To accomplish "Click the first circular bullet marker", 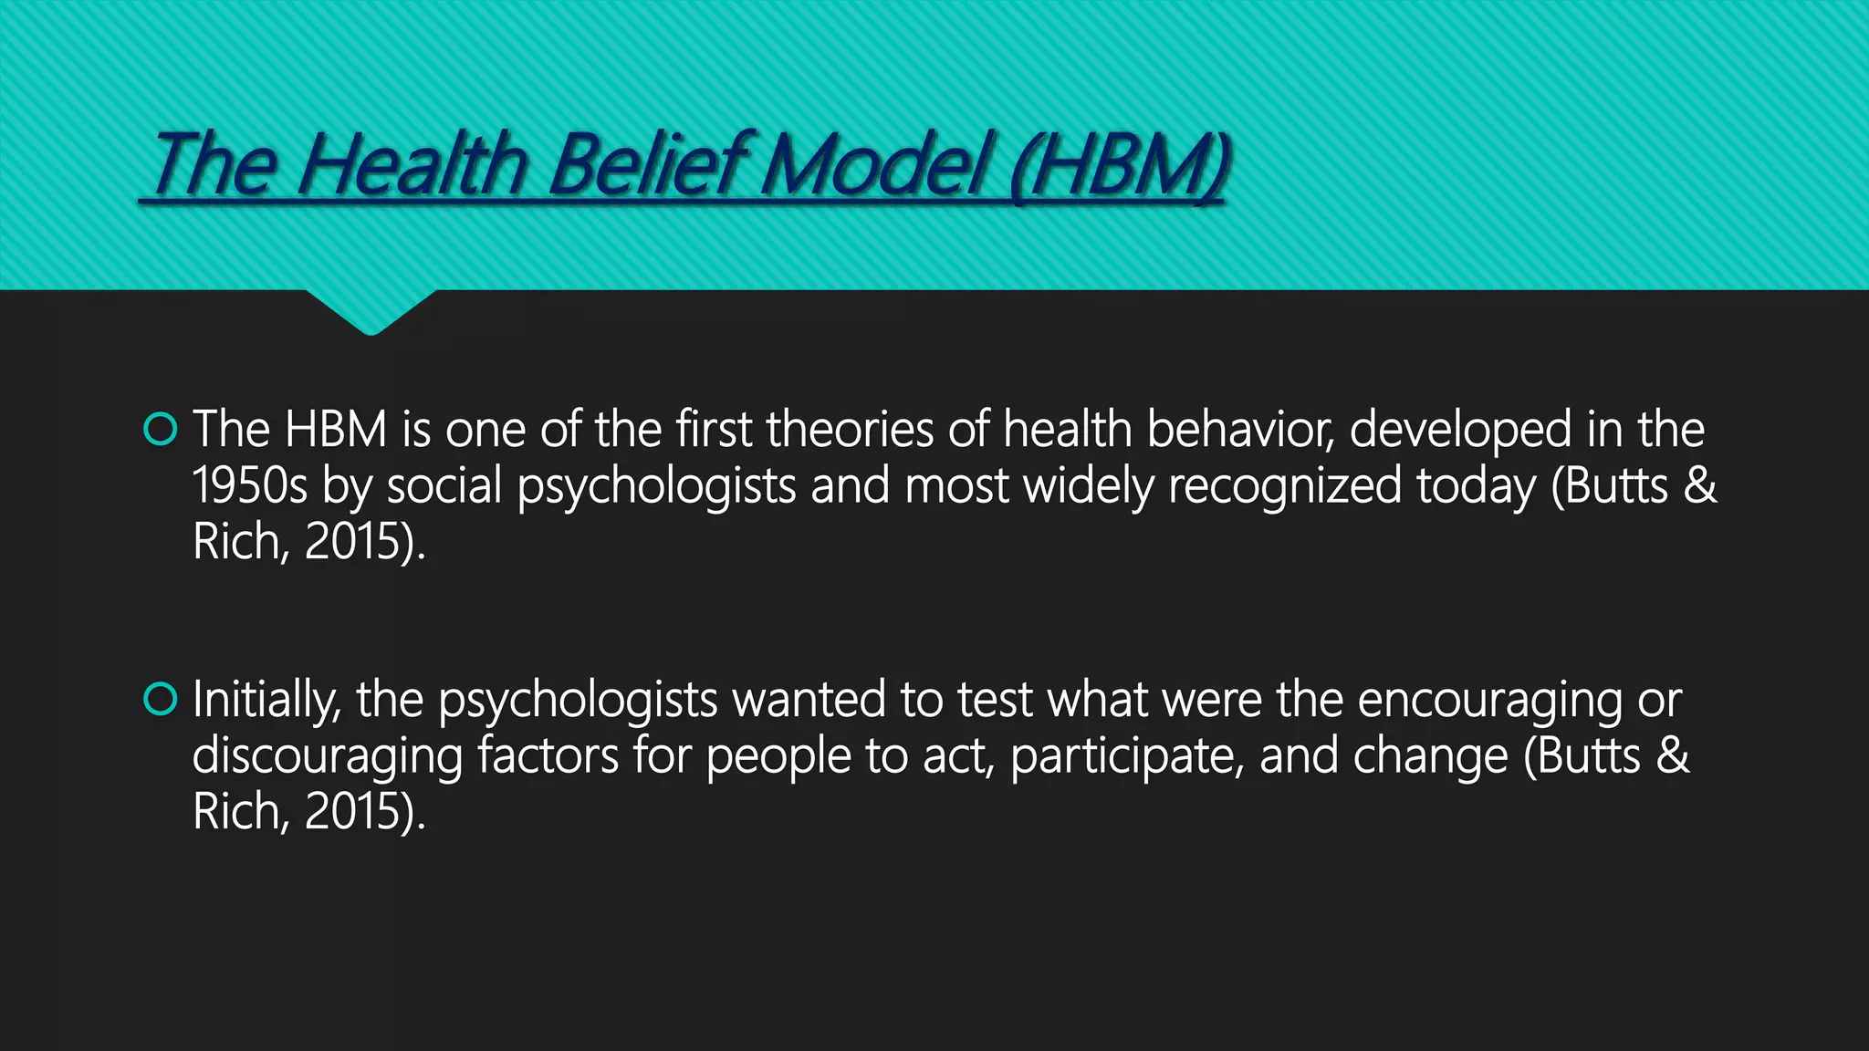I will (x=161, y=429).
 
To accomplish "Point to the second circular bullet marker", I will (x=161, y=700).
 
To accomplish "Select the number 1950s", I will (x=249, y=485).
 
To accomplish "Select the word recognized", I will (x=1284, y=485).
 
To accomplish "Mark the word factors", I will (x=548, y=755).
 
